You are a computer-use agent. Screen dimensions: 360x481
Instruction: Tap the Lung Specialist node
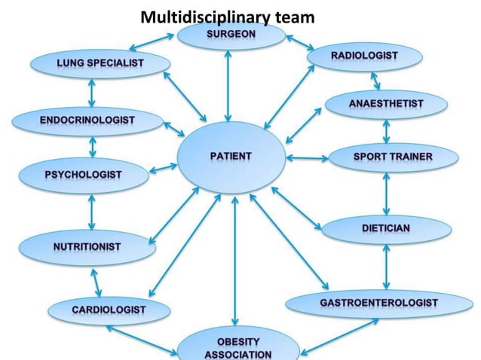tap(99, 63)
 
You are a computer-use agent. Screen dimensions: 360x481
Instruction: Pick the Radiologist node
tap(364, 56)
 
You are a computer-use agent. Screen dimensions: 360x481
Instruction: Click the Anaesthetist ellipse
tap(386, 103)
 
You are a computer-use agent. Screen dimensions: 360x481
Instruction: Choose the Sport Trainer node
tap(392, 157)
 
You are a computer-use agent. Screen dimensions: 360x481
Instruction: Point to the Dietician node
tap(385, 227)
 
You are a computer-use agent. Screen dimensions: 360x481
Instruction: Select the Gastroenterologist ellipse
tap(378, 303)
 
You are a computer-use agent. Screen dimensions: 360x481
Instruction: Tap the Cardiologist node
tap(109, 310)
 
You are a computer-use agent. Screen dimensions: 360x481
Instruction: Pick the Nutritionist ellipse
tap(87, 246)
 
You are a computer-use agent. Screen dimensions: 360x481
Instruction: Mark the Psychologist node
tap(83, 175)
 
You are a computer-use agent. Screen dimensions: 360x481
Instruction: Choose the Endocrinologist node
tap(87, 120)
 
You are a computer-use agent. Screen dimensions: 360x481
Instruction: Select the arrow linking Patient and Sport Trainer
tap(307, 158)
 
